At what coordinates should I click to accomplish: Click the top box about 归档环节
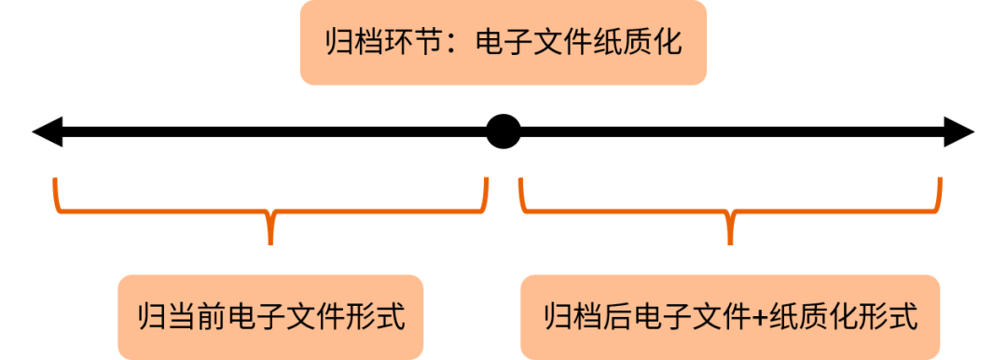click(503, 43)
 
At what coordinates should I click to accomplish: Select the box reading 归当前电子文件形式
click(270, 316)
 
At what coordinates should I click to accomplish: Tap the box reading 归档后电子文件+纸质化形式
click(730, 316)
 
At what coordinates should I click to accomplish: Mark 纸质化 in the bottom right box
click(811, 316)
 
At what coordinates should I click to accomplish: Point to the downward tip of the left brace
click(270, 241)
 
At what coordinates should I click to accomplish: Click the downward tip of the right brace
click(730, 241)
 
